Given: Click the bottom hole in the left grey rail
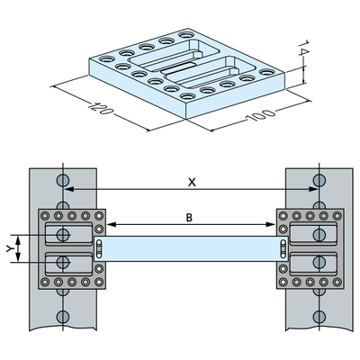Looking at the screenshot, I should coord(61,317).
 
